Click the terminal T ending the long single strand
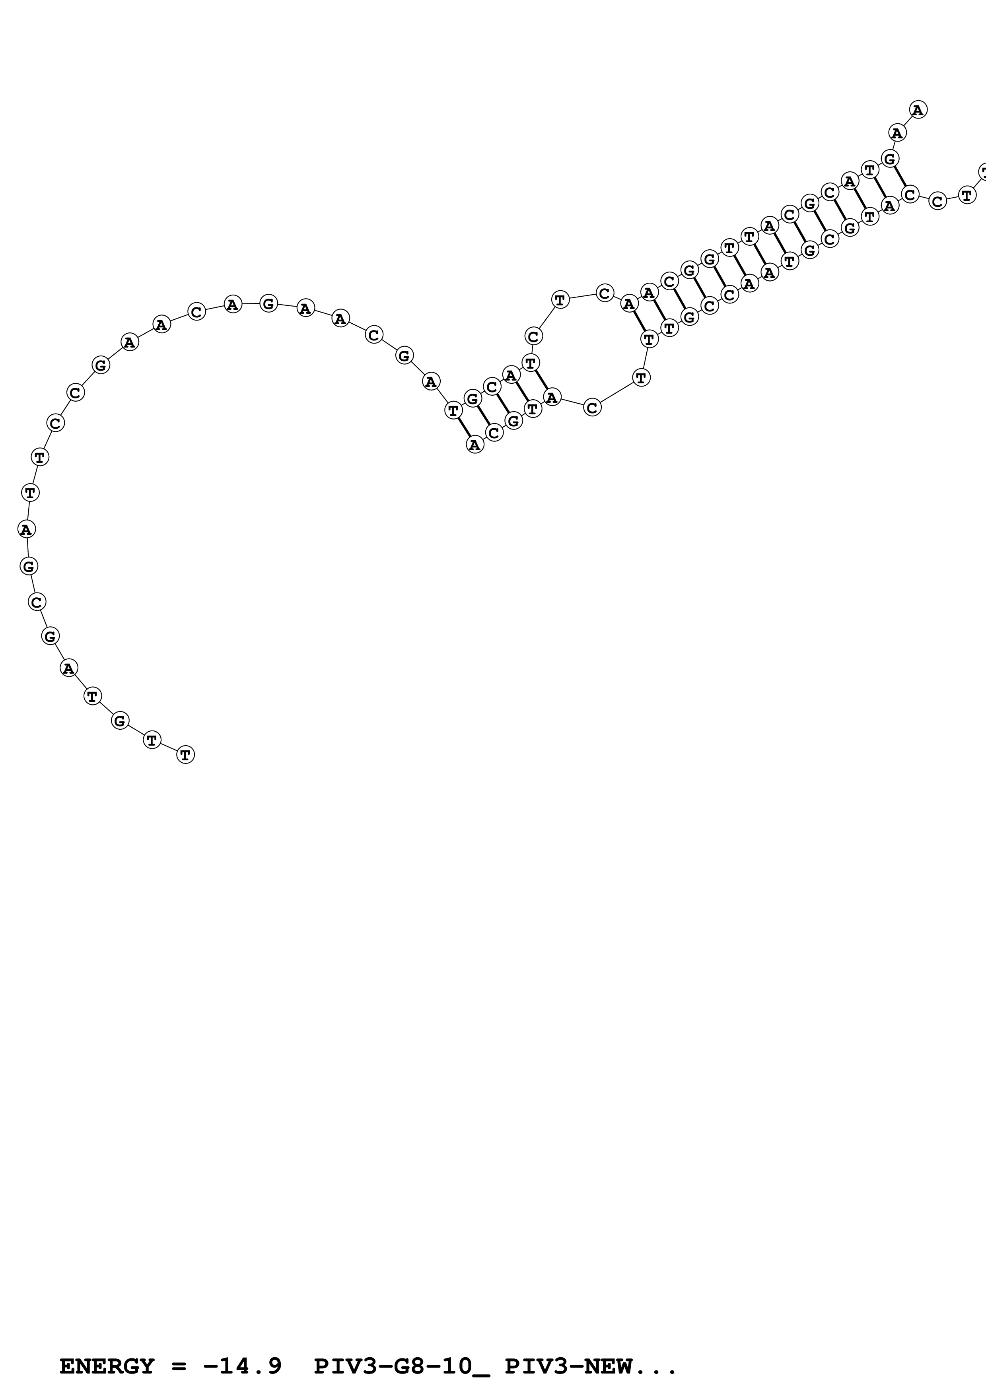point(185,755)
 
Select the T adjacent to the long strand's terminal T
point(152,740)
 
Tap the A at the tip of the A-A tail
point(918,110)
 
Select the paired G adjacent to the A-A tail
point(890,159)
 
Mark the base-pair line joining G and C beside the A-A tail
point(900,177)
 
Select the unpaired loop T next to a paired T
point(642,378)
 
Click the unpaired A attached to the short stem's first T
point(431,382)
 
